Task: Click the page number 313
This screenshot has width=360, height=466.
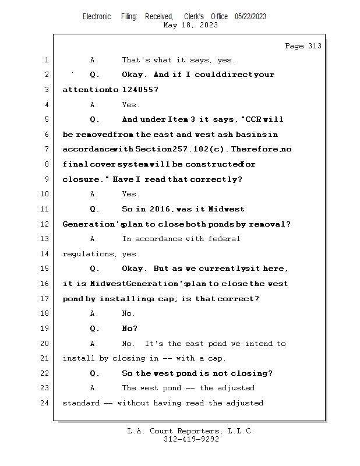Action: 315,46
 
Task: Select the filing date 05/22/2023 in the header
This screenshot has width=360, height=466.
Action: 250,16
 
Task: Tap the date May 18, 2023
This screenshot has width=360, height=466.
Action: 190,25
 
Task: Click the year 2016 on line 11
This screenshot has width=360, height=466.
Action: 160,209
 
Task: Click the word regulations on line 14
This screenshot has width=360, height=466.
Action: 89,254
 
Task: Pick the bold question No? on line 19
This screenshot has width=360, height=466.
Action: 130,329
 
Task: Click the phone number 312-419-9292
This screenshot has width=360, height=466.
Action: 191,439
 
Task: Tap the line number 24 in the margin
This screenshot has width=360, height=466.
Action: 44,403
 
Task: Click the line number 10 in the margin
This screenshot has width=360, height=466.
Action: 44,194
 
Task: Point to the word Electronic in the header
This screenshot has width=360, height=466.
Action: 97,16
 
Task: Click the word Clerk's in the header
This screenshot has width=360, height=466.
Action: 194,16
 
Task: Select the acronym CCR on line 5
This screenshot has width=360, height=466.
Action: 253,119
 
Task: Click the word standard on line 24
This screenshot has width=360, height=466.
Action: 81,403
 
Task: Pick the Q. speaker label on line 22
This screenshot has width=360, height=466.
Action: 94,373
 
